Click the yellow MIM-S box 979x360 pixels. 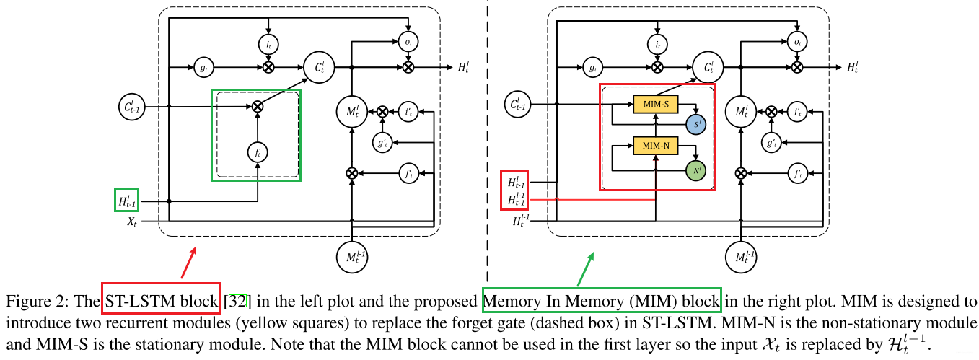tap(656, 105)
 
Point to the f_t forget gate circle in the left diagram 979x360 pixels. tap(257, 152)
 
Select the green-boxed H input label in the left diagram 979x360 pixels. tap(126, 201)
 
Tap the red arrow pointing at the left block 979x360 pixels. tap(190, 263)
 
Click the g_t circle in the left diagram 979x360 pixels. tap(203, 67)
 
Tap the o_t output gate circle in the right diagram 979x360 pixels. tap(796, 43)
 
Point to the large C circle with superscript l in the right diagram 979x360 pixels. tap(710, 67)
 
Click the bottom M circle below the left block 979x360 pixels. tap(351, 256)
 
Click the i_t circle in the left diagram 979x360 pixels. tap(268, 44)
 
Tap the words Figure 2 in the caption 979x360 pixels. tap(28, 300)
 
